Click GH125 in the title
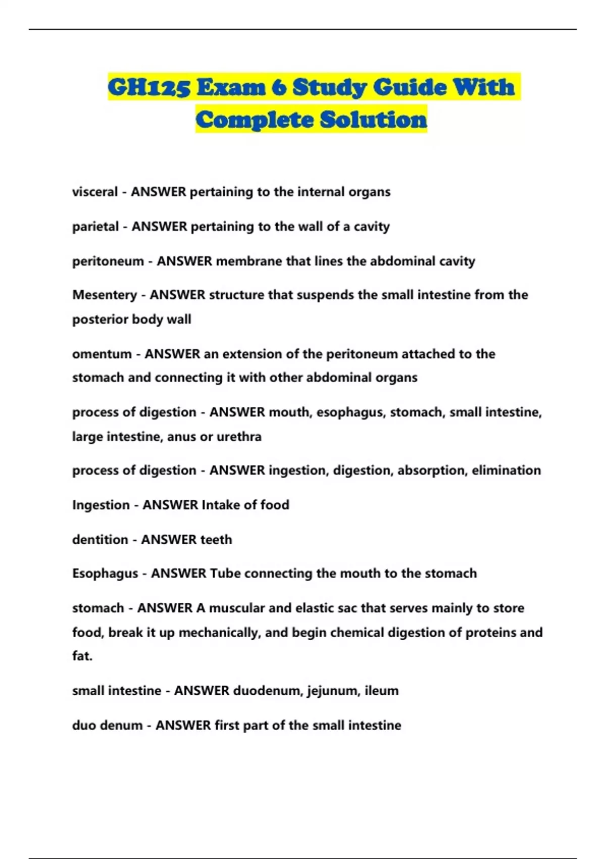point(149,87)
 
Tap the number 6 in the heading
point(278,87)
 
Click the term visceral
point(95,192)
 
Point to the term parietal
point(95,226)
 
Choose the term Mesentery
point(105,295)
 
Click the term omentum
point(102,354)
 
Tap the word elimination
point(506,470)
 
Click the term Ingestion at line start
point(100,505)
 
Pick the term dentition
point(100,540)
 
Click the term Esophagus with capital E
point(105,574)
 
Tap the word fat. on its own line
point(82,656)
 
